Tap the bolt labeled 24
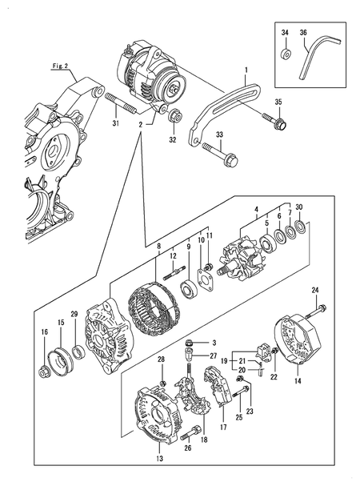(x=321, y=307)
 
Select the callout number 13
(x=158, y=459)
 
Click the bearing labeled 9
(x=191, y=291)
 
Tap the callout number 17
(x=223, y=428)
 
